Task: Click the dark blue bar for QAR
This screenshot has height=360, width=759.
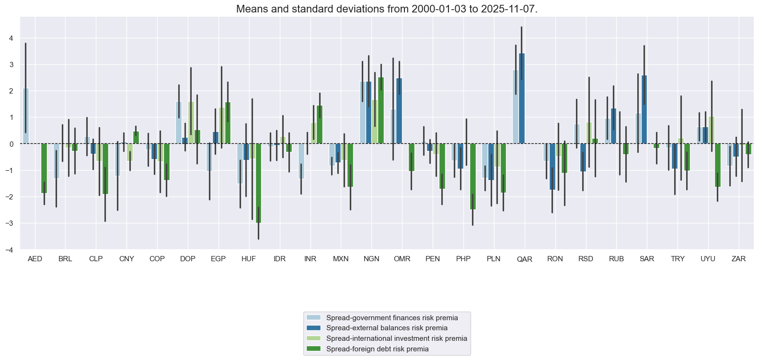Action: pos(522,98)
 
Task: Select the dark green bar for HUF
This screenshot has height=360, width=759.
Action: pos(258,183)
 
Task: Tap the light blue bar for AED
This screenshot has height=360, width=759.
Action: pos(26,116)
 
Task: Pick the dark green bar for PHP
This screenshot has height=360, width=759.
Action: pos(472,176)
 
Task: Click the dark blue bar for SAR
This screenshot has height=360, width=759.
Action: pos(644,109)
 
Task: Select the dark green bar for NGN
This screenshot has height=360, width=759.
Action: pos(381,110)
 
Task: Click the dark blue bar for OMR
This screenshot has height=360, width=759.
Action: pos(399,111)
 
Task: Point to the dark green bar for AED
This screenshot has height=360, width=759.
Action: pos(44,168)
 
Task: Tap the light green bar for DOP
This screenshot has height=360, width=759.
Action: pos(191,122)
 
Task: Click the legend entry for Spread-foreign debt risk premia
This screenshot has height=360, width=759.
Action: pos(377,349)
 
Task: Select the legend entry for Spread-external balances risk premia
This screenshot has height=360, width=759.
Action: pos(387,328)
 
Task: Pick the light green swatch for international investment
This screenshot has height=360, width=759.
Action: pos(313,338)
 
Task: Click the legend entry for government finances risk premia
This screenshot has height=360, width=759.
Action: pos(391,318)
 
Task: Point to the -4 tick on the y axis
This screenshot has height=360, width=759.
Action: pos(11,250)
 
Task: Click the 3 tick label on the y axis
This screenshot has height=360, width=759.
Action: pos(11,65)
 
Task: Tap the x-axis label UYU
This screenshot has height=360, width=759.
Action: pos(708,259)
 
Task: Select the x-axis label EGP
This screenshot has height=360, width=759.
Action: pos(218,259)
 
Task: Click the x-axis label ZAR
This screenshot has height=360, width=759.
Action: pos(738,259)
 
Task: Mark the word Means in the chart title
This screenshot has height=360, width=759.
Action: pos(249,9)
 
